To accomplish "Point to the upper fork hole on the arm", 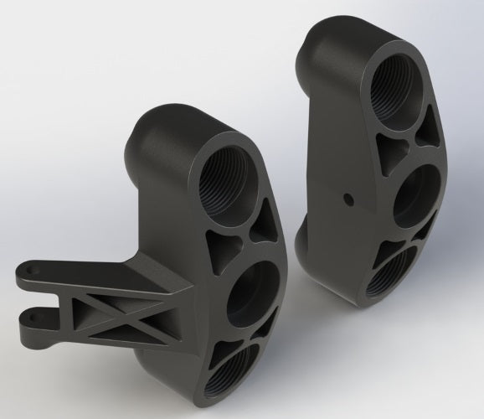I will (31, 273).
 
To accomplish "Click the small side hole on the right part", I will (345, 199).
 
